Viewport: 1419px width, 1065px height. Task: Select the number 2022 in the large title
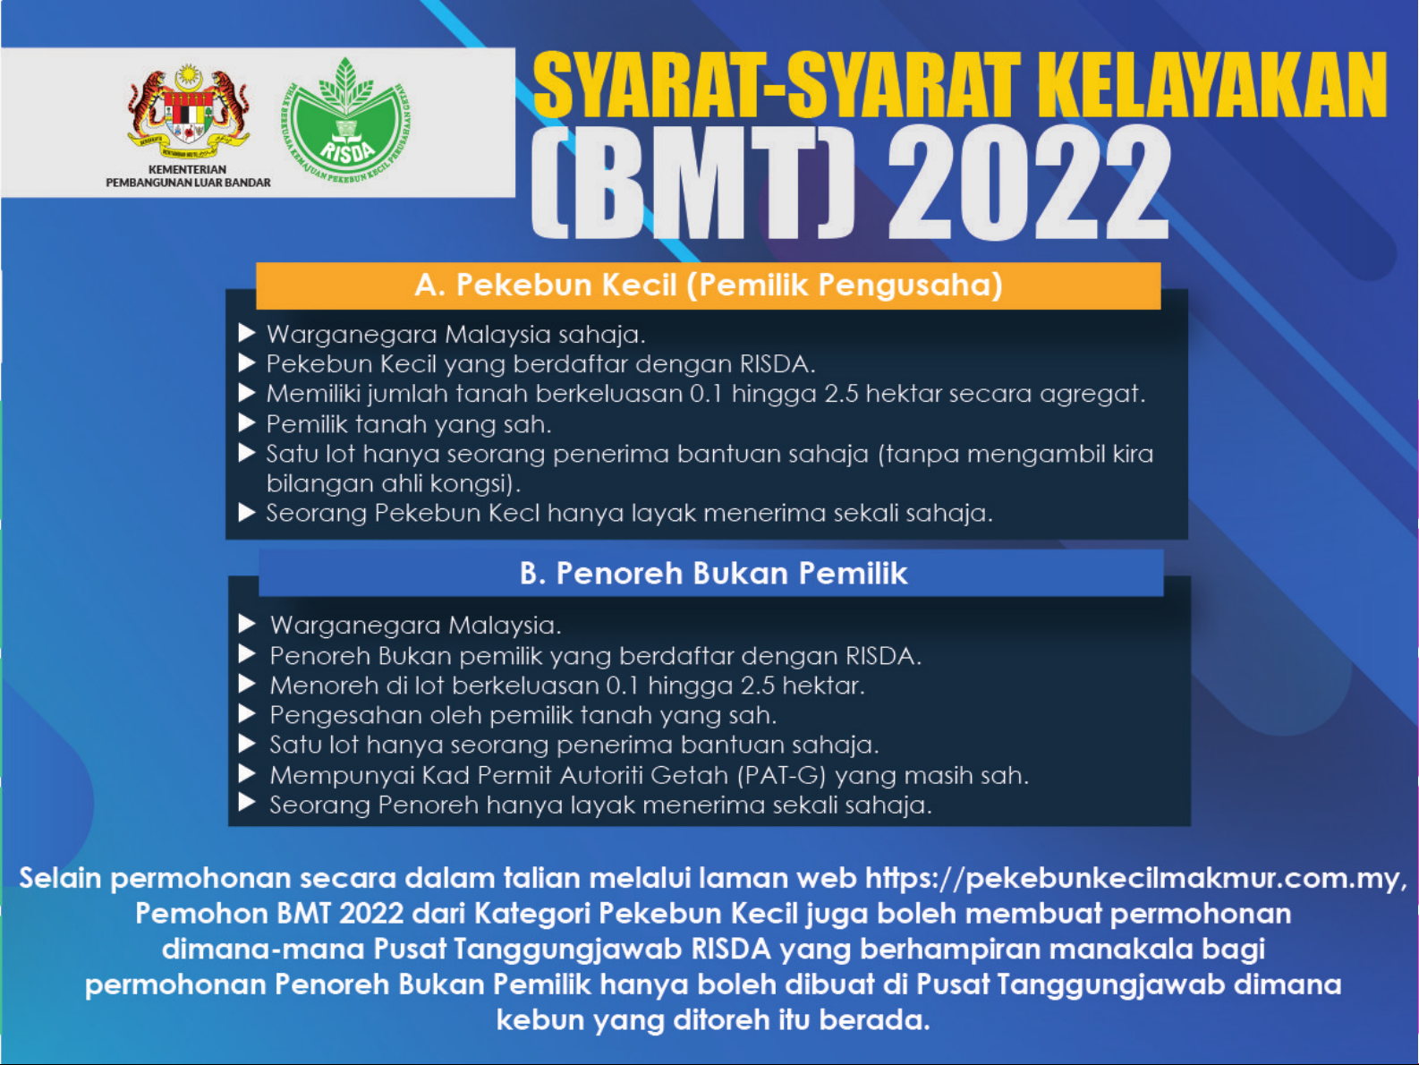(x=1029, y=183)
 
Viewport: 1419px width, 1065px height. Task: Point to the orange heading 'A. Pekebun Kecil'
(x=708, y=285)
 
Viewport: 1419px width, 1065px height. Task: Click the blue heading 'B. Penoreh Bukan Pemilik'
(x=713, y=574)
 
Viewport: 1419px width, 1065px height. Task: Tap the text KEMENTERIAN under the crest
(x=187, y=169)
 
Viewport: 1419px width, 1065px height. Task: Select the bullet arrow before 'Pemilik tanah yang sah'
(x=248, y=422)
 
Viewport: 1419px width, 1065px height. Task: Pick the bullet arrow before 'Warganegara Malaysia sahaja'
(x=248, y=334)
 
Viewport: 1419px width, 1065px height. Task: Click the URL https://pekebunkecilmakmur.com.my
(x=1133, y=878)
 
